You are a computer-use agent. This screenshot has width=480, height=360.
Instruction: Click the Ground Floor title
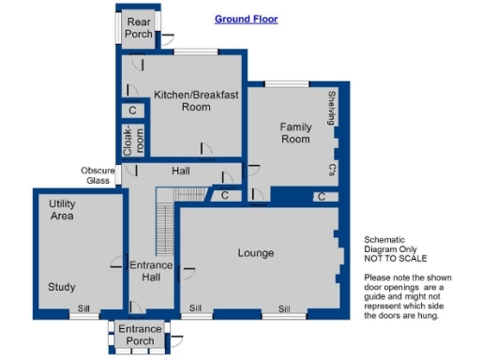246,19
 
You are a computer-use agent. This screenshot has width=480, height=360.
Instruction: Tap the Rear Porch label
139,28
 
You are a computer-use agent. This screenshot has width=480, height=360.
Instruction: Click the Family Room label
294,132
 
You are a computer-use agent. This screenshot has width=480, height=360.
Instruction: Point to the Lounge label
255,253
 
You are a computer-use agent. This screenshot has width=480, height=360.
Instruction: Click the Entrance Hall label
151,271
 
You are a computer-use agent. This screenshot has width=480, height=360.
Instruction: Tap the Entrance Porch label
139,335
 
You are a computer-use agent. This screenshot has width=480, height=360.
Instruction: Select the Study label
62,287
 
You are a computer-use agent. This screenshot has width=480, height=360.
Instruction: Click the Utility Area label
62,210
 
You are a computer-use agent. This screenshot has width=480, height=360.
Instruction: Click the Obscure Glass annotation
97,175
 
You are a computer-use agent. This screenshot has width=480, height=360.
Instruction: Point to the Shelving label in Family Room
331,107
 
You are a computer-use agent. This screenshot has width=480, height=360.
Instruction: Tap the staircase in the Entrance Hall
165,230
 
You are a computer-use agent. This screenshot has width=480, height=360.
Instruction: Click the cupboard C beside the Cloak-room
132,111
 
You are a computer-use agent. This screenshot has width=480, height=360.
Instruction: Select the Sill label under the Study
83,307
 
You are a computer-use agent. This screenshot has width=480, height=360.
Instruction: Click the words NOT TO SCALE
395,258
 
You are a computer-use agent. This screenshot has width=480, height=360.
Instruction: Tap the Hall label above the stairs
181,172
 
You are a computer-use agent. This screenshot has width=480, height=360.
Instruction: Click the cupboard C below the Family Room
321,197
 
